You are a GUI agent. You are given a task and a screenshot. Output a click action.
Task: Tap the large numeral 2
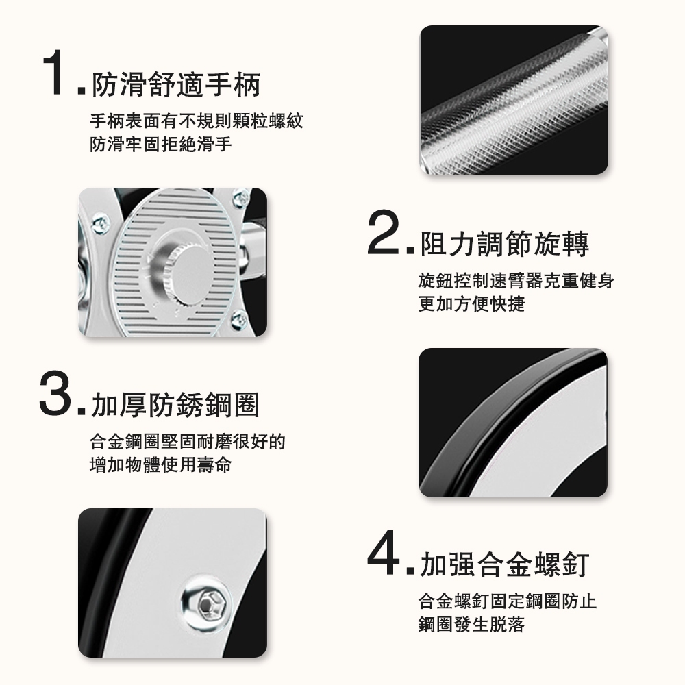click(x=383, y=232)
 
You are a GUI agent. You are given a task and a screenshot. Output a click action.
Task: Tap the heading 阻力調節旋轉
click(x=505, y=244)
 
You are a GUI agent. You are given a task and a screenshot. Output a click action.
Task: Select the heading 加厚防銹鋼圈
click(x=175, y=405)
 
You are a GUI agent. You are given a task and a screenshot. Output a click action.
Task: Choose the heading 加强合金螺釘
click(x=505, y=564)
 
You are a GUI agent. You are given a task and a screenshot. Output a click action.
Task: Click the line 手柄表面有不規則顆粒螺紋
click(x=196, y=121)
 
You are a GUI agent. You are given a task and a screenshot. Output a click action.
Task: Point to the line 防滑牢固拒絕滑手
click(x=160, y=144)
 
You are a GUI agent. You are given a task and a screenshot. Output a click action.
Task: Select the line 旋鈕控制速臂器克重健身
click(x=516, y=280)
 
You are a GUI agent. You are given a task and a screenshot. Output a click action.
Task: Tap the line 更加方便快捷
click(x=471, y=303)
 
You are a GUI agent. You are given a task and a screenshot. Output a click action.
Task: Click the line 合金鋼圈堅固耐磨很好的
click(x=188, y=441)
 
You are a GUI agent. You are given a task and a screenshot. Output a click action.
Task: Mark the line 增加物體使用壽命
click(x=160, y=464)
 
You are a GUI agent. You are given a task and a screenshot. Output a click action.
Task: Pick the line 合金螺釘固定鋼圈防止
click(x=507, y=601)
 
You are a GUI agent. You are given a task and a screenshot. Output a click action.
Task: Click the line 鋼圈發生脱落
click(x=471, y=624)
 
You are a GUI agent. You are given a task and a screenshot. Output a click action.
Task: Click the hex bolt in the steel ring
click(x=206, y=604)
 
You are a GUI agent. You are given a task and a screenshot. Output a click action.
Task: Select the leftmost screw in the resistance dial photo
click(x=100, y=224)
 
